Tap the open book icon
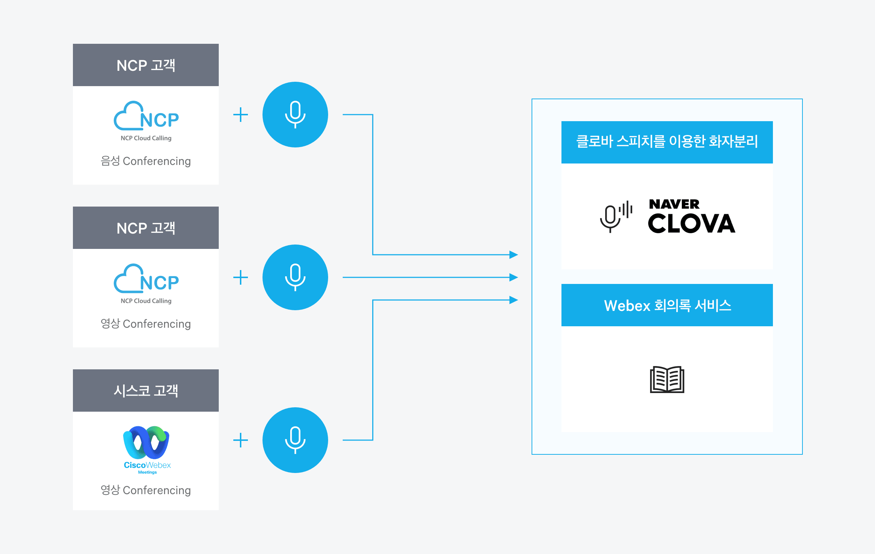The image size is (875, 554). coord(667,380)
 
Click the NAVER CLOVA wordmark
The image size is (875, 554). coord(691,216)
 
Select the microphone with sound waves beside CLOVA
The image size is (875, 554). coord(616,216)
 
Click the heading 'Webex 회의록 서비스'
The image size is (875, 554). coord(667,305)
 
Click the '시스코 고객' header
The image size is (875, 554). coord(146,391)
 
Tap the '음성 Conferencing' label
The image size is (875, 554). coord(146,161)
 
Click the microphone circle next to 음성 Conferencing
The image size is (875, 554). coord(295,115)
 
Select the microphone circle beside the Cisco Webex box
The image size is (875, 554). coord(295,440)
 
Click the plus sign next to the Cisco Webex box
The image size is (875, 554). coord(241,440)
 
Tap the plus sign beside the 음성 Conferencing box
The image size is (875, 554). coord(241,115)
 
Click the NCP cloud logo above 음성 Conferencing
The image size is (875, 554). coord(146,117)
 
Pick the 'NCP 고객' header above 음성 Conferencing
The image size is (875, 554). coord(146,65)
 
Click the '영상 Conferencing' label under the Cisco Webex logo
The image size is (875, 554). coord(146,490)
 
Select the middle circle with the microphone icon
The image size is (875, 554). coord(295,277)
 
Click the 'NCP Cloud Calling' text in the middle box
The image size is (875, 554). coord(146,301)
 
